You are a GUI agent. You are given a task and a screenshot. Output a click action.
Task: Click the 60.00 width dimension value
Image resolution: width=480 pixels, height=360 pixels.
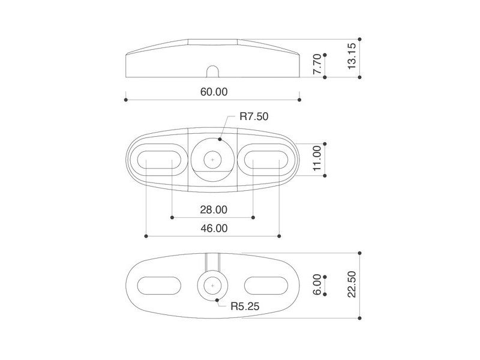214,92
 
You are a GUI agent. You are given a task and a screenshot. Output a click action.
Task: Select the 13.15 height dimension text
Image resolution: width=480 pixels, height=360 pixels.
352,56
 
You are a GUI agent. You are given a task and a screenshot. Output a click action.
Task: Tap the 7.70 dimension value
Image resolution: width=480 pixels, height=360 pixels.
317,64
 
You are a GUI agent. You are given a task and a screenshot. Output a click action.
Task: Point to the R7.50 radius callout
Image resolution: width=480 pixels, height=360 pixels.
254,116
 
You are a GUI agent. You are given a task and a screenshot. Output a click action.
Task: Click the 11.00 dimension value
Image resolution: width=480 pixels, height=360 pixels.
317,158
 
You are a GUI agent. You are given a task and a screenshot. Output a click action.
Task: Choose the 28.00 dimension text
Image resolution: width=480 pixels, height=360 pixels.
214,209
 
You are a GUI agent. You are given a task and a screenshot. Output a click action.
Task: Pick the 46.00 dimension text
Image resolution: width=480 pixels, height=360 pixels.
214,229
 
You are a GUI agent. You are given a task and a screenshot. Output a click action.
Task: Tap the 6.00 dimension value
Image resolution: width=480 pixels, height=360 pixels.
317,284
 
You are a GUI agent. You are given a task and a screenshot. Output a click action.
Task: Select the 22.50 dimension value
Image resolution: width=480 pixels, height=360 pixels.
352,284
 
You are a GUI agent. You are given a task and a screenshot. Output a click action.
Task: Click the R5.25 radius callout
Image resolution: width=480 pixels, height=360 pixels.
245,306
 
